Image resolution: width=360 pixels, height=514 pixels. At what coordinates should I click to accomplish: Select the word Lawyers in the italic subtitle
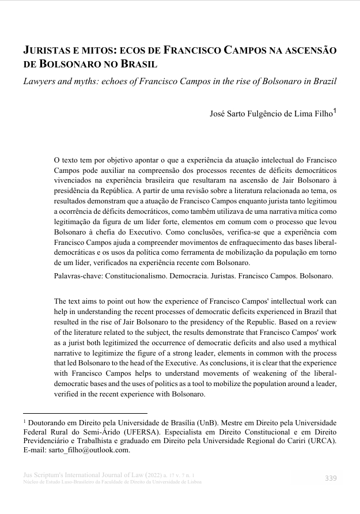tap(40, 81)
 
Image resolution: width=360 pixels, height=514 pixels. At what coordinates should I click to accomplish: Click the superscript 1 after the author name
tap(335, 111)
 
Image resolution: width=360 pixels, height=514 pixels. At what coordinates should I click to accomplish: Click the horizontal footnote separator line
tap(85, 413)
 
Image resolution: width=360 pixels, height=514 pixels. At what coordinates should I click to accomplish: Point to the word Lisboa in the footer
tap(194, 482)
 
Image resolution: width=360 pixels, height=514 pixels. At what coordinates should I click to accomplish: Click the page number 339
tap(331, 478)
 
